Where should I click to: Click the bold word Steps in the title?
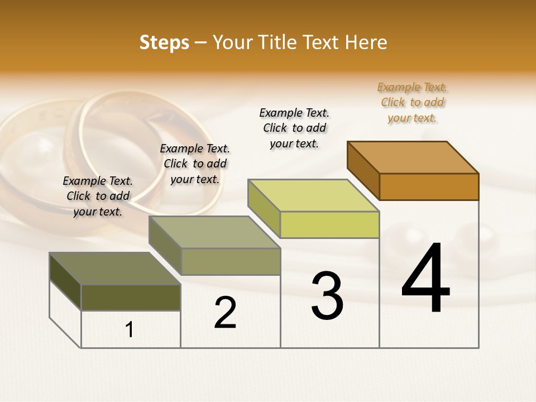pos(164,42)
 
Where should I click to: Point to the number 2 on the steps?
pos(225,313)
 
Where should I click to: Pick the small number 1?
pos(130,329)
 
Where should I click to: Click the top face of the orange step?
pos(413,157)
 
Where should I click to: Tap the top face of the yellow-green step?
pos(314,195)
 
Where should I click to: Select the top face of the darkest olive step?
pos(115,269)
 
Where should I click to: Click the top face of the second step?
pos(214,232)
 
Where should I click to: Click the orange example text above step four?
pos(413,103)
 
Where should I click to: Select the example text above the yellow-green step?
pos(294,128)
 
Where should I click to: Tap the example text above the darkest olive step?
pos(98,196)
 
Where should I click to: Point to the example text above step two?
pos(195,164)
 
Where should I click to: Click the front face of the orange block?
pos(429,186)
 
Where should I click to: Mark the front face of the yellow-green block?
pos(329,225)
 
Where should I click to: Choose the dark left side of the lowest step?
pos(65,281)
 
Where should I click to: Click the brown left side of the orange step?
pos(363,170)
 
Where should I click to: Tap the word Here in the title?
pos(366,42)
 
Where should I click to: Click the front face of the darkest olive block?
pos(131,298)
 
